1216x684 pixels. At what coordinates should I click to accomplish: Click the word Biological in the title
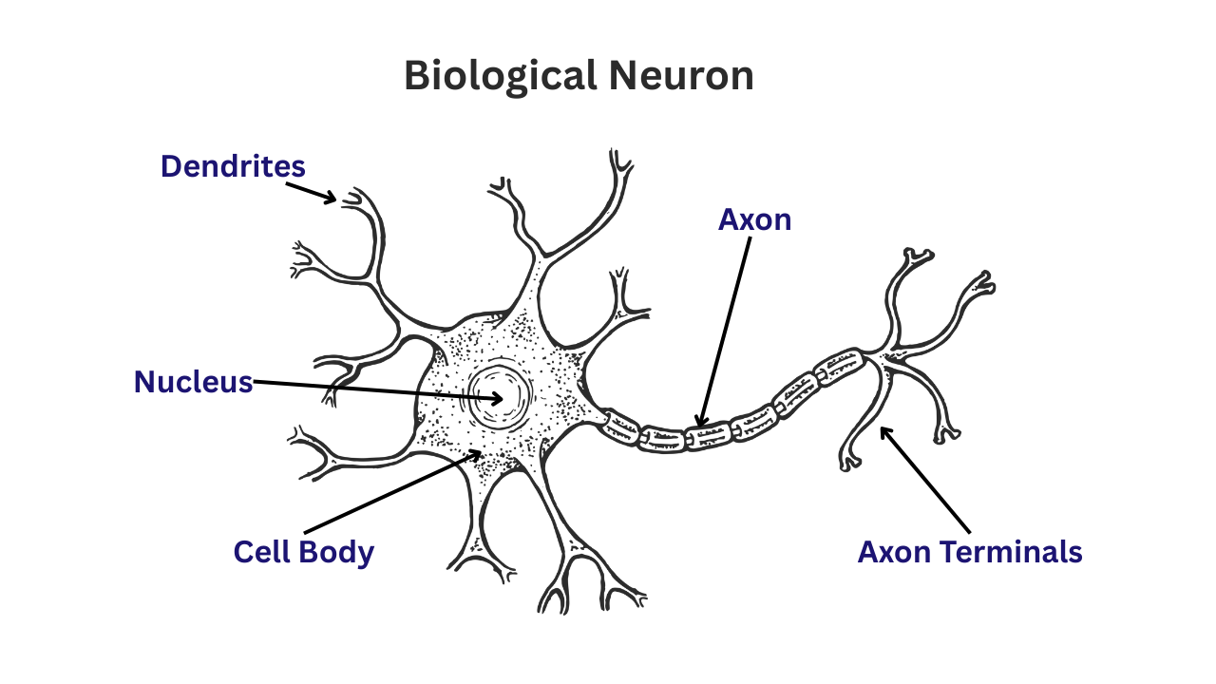coord(501,77)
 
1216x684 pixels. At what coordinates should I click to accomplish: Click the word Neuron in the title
coord(681,76)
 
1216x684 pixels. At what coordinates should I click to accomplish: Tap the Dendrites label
coord(233,166)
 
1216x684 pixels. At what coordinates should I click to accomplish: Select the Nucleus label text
coord(193,382)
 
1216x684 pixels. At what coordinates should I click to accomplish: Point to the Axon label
coord(754,219)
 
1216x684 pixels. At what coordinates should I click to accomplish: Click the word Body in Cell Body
coord(336,553)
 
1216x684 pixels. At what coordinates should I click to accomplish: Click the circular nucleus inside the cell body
coord(500,398)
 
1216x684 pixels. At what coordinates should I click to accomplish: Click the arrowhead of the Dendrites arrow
coord(330,197)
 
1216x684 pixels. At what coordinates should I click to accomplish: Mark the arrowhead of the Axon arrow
coord(701,420)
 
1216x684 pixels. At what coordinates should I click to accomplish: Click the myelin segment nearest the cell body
coord(620,427)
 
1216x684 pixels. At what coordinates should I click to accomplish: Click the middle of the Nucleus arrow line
coord(378,390)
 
